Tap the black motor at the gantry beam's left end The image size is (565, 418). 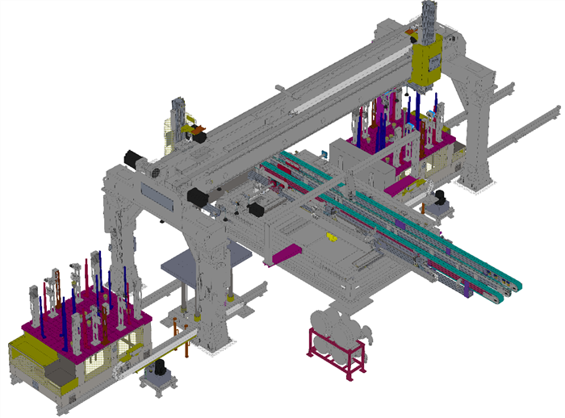(132, 159)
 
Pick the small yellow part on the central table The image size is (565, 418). (329, 237)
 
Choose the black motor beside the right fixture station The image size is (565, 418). (440, 197)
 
